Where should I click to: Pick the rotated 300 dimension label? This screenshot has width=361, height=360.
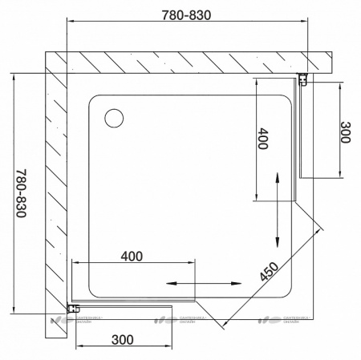tap(345, 132)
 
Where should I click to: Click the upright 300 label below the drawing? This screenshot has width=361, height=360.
tap(121, 339)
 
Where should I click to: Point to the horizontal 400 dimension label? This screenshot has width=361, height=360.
tap(132, 257)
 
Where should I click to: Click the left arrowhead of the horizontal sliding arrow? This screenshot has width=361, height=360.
tap(170, 282)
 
